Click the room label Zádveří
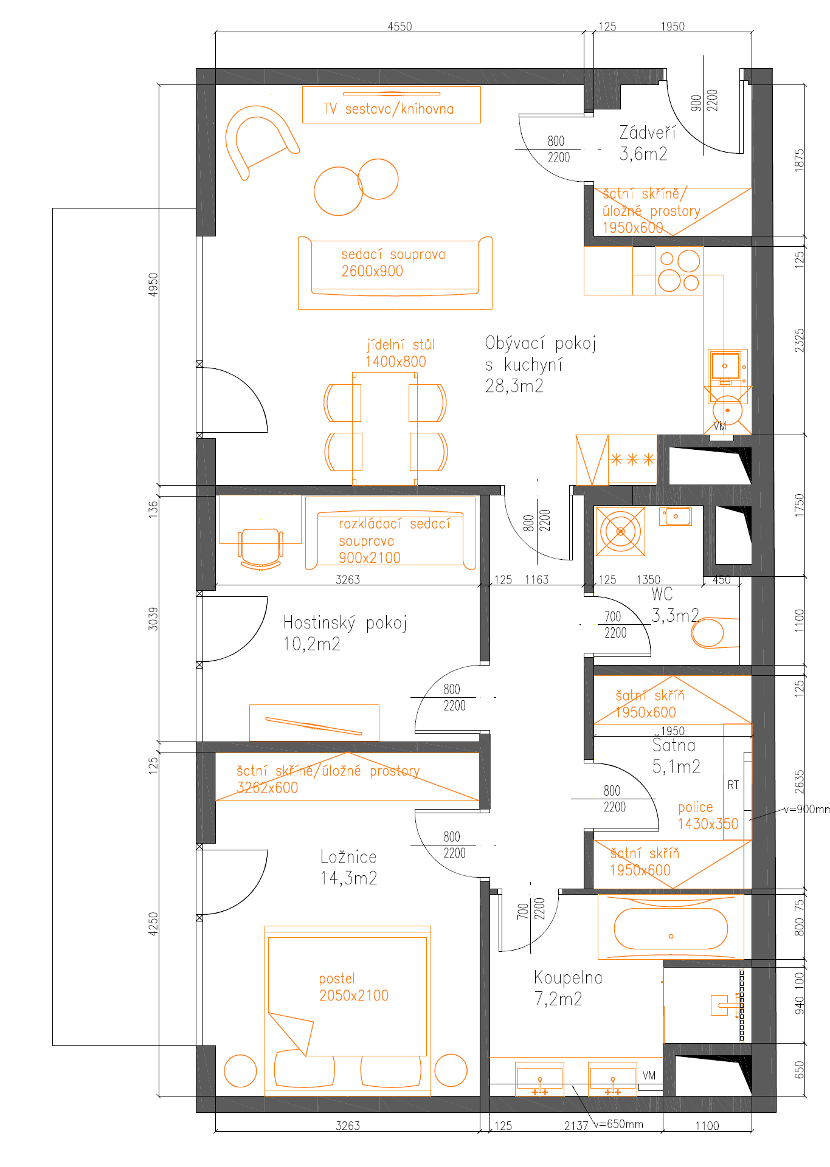[647, 132]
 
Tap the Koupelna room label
[568, 977]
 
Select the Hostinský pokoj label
[345, 622]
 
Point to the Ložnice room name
[348, 857]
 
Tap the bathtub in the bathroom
[671, 928]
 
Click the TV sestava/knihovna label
[389, 109]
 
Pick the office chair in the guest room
[261, 548]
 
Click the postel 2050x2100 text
[353, 987]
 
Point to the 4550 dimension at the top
[399, 26]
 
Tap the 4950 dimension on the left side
[153, 284]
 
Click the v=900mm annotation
[806, 810]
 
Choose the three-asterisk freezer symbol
[632, 459]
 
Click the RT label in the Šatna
[733, 785]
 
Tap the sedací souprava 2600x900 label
[393, 263]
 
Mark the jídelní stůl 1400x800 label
[399, 353]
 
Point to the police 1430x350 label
[708, 816]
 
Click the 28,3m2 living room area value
[514, 386]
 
